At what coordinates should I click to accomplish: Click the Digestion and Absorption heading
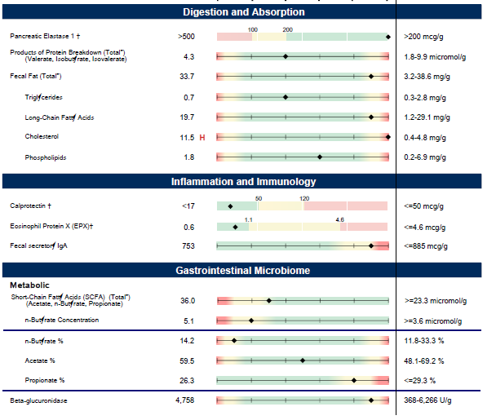[243, 12]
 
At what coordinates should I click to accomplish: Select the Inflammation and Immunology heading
[243, 182]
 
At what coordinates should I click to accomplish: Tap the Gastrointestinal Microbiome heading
[243, 269]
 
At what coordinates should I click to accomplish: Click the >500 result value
[186, 37]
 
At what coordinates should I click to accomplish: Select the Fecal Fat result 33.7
[186, 77]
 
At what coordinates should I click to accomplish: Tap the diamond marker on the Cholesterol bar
[387, 137]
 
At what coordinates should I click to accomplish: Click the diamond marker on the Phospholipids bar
[319, 157]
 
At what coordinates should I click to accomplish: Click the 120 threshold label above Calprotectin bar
[304, 198]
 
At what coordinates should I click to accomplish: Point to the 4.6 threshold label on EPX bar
[340, 219]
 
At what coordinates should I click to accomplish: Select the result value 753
[188, 245]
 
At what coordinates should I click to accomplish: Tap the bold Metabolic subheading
[31, 285]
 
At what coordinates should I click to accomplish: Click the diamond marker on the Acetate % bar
[303, 360]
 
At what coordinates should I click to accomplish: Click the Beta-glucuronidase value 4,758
[185, 401]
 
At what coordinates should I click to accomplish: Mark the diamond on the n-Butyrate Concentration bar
[251, 321]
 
